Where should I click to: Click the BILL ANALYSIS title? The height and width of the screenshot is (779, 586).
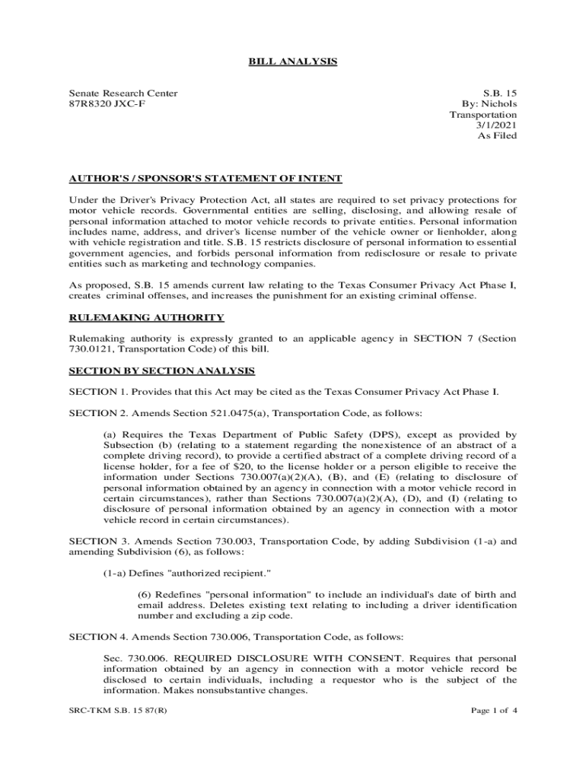[x=292, y=61]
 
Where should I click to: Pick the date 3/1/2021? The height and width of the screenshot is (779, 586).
[x=496, y=125]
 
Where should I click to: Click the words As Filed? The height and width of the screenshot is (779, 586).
[x=497, y=135]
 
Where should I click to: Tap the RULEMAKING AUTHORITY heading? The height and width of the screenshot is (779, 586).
[x=146, y=317]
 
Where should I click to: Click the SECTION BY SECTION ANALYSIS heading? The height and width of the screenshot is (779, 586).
[x=161, y=370]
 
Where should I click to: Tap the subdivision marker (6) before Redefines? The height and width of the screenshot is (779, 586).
[x=146, y=594]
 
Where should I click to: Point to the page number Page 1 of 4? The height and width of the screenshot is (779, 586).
[x=495, y=711]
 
